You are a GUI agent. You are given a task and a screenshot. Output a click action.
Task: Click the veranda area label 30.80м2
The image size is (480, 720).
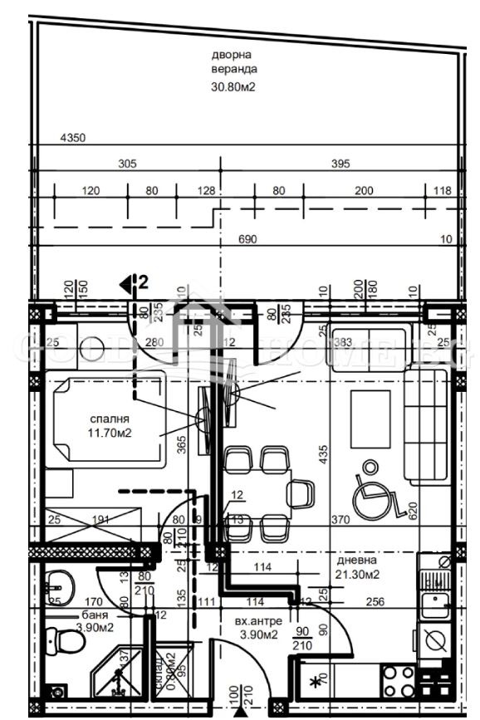point(234,85)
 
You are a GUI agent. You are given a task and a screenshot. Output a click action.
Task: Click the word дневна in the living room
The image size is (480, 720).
point(363,559)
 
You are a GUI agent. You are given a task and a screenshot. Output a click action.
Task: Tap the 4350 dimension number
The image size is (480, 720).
point(73,138)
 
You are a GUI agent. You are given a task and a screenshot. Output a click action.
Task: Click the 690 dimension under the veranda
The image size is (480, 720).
point(248,239)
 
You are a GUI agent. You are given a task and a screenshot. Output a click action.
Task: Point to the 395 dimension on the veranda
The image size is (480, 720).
point(340,164)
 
